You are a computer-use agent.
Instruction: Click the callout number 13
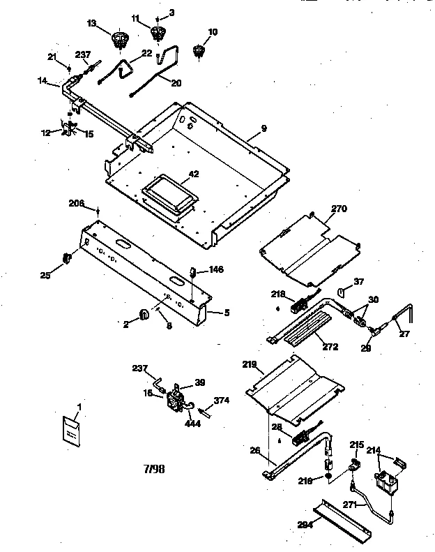pyautogui.click(x=92, y=23)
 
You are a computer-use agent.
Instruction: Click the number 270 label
pyautogui.click(x=339, y=208)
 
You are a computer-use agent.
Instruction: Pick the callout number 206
pyautogui.click(x=76, y=203)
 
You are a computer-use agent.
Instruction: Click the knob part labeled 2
pyautogui.click(x=144, y=315)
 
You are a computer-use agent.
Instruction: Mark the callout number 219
pyautogui.click(x=251, y=364)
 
